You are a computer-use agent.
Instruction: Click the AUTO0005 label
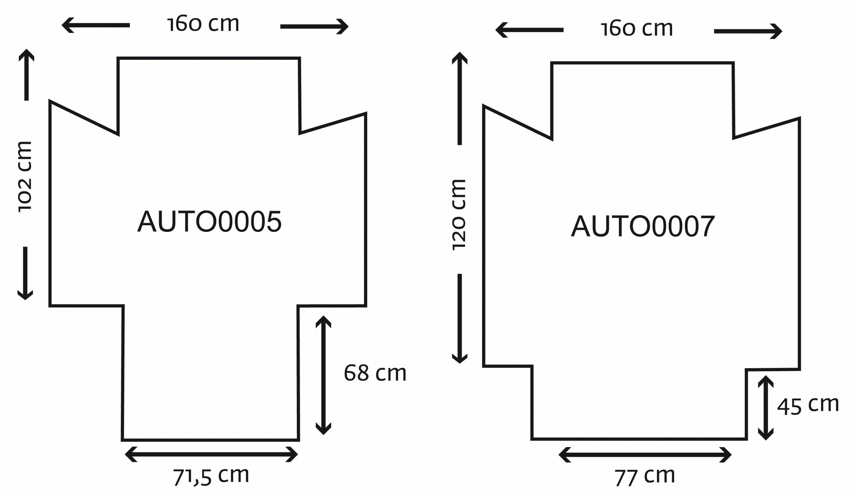point(209,221)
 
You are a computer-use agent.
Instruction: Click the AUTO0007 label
point(643,226)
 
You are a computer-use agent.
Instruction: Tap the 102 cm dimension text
point(25,177)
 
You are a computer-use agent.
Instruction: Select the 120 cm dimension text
point(459,215)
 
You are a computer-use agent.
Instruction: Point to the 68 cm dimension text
point(375,373)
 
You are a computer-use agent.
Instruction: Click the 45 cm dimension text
point(808,405)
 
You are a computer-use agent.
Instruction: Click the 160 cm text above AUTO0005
point(203,24)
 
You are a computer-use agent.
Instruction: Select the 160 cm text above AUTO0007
point(637,28)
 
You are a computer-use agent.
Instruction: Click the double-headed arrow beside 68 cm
point(323,375)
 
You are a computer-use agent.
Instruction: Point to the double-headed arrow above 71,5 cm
point(211,454)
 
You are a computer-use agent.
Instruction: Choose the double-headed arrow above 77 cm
point(645,454)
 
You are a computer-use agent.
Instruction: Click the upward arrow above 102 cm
point(26,75)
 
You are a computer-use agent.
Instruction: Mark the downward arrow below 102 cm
point(25,273)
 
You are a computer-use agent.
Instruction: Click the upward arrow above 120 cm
point(459,98)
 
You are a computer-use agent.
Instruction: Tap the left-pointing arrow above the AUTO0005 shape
point(96,25)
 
